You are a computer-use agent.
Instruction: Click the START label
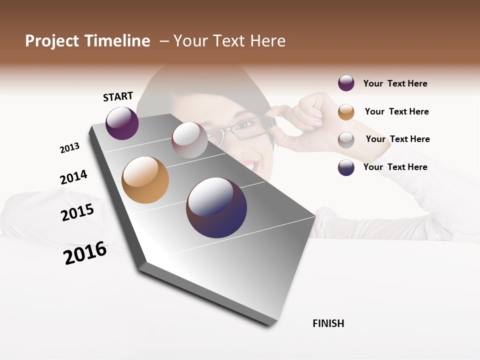[118, 96]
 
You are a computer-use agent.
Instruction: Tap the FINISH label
[328, 323]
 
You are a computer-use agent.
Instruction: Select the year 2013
[70, 148]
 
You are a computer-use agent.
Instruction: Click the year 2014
[73, 177]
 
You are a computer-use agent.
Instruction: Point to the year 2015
[77, 212]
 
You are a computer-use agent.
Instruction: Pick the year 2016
[85, 253]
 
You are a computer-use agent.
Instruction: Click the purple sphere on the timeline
[122, 123]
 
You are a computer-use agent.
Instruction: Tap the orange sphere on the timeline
[145, 180]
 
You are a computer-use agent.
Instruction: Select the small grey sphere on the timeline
[189, 140]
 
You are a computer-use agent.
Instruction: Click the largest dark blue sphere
[216, 207]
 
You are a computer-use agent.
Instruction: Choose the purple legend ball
[346, 83]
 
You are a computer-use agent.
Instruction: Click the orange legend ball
[346, 111]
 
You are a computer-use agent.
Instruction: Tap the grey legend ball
[346, 139]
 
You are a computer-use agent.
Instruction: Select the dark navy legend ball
[346, 167]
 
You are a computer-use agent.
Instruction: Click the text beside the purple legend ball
[395, 83]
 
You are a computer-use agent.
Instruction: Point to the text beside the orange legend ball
[396, 111]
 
